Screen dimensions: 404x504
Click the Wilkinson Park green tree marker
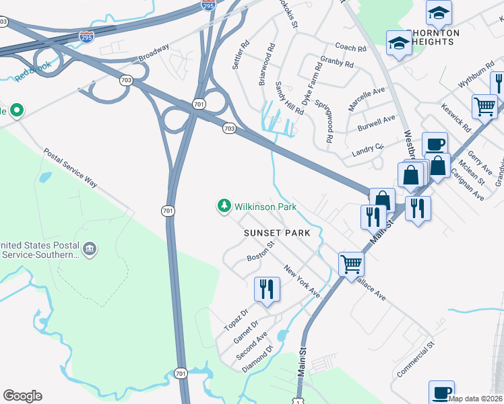point(224,205)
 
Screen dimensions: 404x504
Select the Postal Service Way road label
point(70,168)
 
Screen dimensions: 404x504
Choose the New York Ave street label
point(301,281)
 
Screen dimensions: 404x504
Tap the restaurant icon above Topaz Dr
point(267,290)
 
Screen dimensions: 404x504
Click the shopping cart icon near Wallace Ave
point(351,263)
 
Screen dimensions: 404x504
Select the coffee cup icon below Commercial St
point(442,392)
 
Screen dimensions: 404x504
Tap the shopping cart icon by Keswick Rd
point(485,106)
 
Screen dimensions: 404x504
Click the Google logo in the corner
point(22,396)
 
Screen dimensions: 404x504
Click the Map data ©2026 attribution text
point(476,399)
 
